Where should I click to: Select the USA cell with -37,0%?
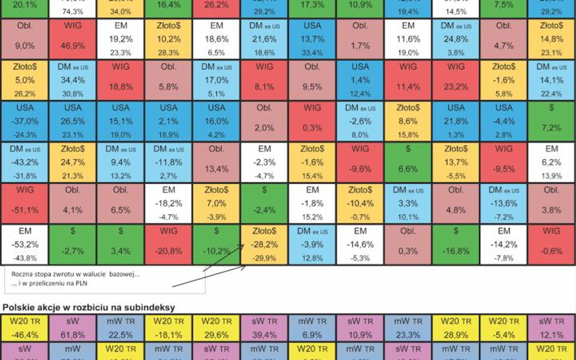point(25,121)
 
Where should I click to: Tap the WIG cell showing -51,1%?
point(25,203)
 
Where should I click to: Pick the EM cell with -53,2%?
point(25,245)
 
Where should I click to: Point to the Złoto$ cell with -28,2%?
point(264,245)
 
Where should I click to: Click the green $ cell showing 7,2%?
point(551,121)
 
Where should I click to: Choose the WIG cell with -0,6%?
point(551,245)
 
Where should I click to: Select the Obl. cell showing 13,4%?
point(216,162)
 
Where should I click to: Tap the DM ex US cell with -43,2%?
point(25,162)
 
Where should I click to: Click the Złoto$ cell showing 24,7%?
point(72,162)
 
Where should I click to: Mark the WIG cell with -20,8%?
point(168,245)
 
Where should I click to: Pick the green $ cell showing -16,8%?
point(456,245)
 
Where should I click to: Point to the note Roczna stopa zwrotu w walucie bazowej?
point(75,274)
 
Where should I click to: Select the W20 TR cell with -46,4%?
point(25,327)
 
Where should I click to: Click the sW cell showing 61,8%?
point(72,327)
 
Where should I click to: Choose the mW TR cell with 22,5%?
point(120,327)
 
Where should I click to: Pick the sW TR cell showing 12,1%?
point(551,327)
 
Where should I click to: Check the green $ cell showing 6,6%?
point(408,162)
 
